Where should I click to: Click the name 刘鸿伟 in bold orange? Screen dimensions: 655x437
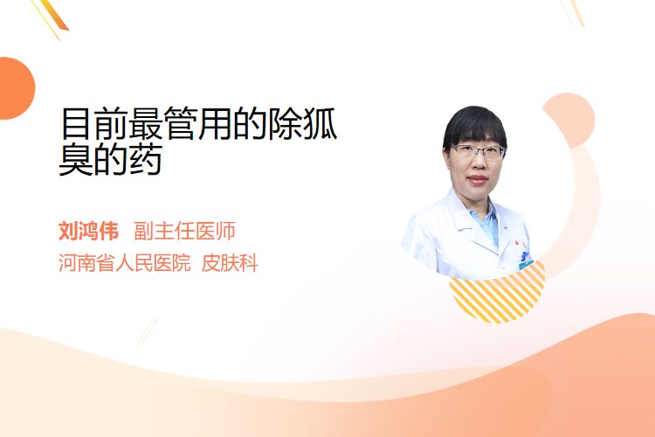coord(88,231)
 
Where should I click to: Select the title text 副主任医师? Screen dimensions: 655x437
coord(184,231)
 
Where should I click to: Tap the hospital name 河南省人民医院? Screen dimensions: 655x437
coord(125,263)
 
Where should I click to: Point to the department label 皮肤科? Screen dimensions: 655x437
coord(230,263)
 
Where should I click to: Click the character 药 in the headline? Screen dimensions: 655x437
coord(146,159)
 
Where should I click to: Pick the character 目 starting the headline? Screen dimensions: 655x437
coord(76,123)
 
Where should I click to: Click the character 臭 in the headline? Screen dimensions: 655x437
coord(76,159)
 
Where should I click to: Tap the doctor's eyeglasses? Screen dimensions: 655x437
coord(479,152)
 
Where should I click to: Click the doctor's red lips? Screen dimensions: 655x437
coord(479,180)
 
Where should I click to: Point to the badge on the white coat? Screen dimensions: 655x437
coord(525,256)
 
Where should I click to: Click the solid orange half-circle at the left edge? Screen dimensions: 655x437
coord(16,88)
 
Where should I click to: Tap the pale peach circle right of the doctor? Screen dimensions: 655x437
coord(573,120)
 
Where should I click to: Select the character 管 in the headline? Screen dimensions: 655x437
coord(181,123)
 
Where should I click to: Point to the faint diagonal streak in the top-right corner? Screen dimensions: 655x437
coord(573,11)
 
